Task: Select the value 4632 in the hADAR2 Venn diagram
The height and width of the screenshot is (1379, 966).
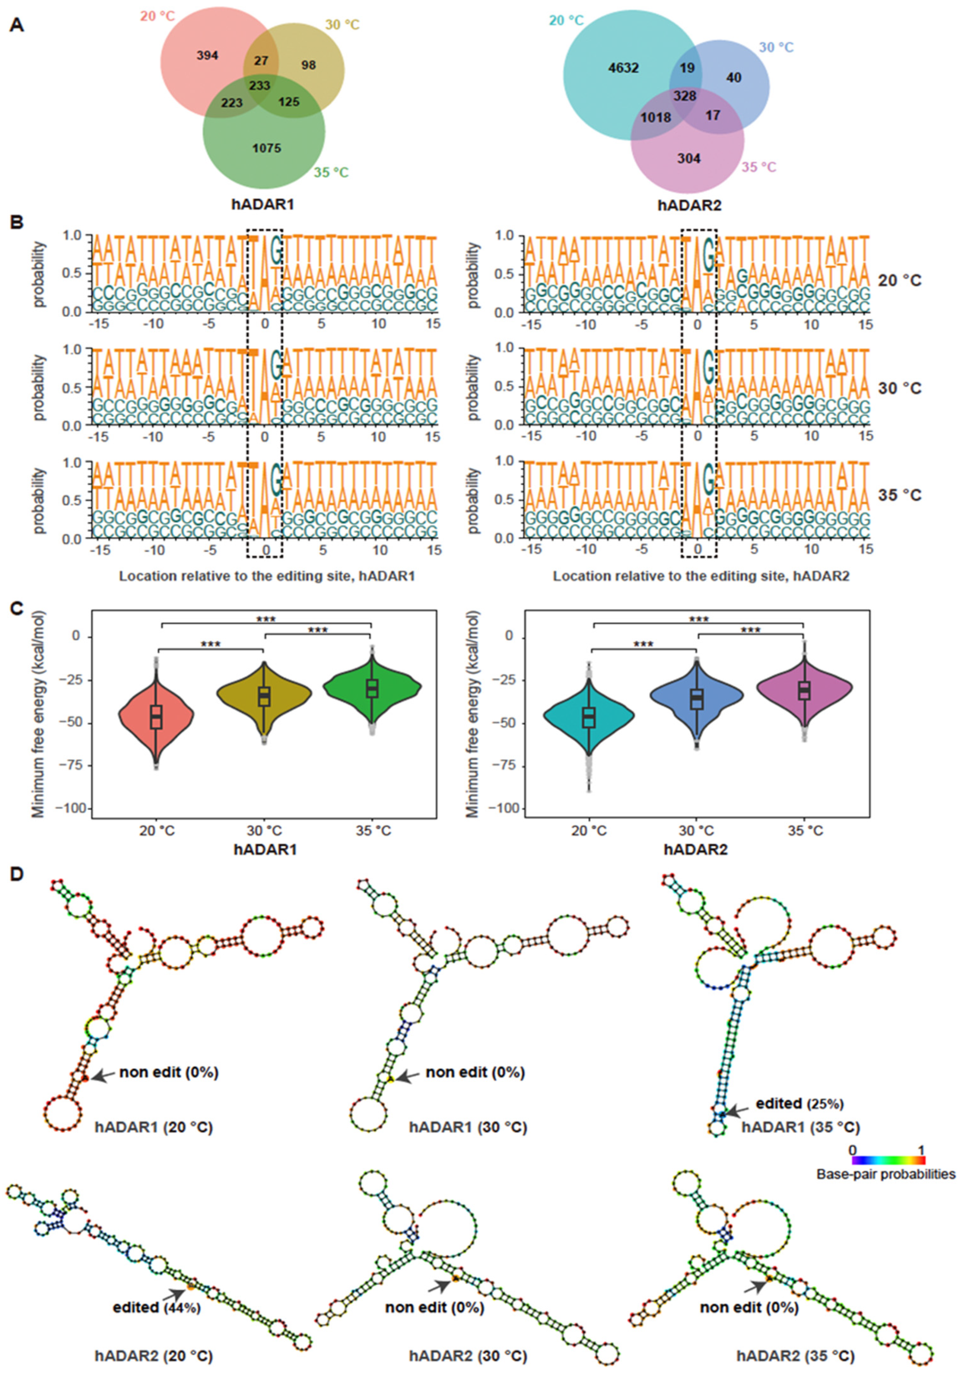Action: point(622,68)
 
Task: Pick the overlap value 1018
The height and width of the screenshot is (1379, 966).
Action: point(656,118)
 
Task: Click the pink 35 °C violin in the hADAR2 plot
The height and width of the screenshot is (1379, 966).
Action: point(804,691)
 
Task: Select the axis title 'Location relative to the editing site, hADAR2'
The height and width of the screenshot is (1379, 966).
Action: point(701,576)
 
